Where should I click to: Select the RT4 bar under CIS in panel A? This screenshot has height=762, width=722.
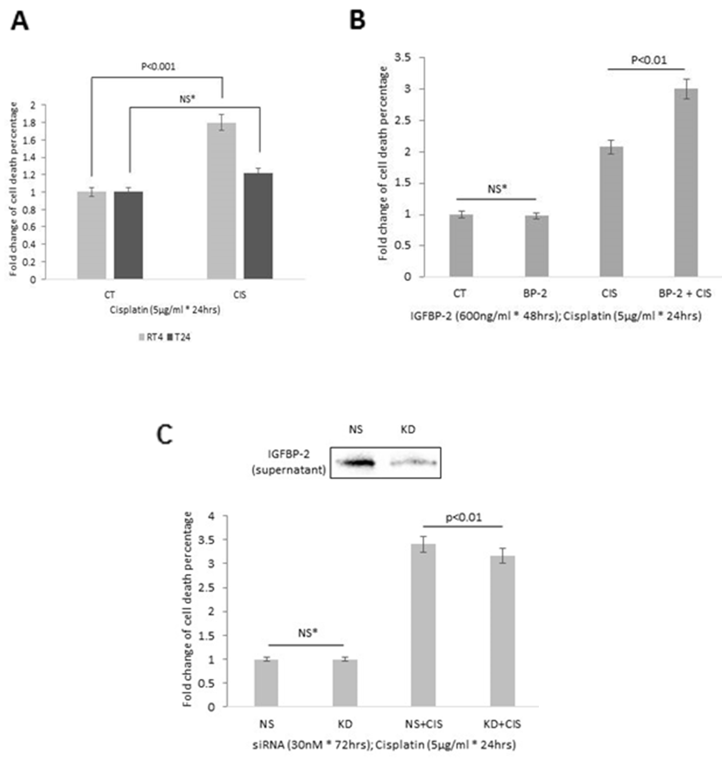tap(221, 200)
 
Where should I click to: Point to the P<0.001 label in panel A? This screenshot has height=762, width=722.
tap(158, 67)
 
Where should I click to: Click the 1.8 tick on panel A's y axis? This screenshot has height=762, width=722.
tap(38, 123)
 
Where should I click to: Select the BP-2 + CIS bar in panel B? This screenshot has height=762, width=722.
tap(686, 182)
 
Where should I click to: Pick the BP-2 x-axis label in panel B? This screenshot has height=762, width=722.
tap(535, 294)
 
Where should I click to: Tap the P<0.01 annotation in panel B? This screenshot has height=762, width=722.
tap(649, 60)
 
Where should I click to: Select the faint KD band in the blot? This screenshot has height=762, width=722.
tap(414, 462)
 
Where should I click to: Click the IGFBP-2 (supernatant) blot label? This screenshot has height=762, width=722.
tap(289, 462)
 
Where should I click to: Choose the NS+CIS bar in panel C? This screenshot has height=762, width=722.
tap(423, 625)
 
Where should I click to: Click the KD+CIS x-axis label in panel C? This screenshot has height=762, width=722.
tap(502, 724)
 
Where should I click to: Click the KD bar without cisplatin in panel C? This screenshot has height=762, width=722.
tap(345, 683)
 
